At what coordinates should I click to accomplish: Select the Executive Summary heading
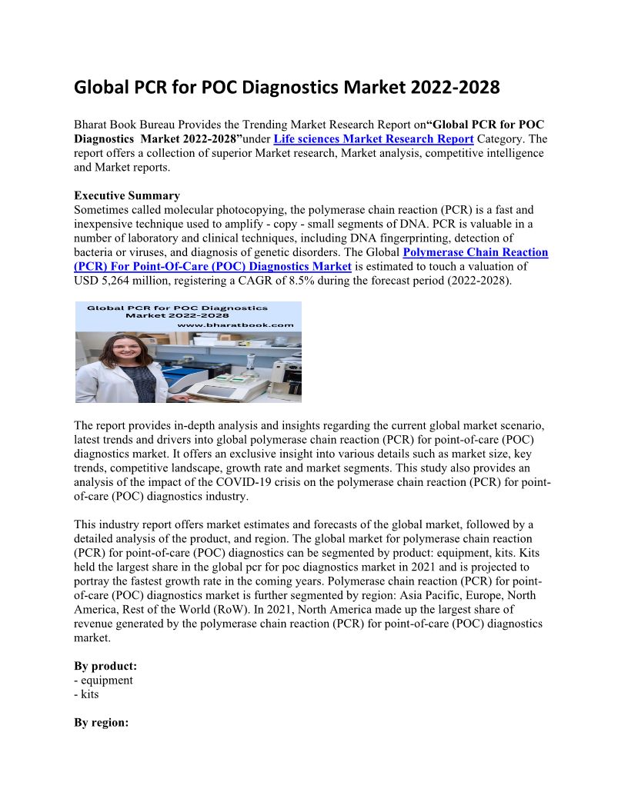point(127,195)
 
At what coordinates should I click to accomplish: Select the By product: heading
point(105,666)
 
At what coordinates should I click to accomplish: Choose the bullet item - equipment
point(103,680)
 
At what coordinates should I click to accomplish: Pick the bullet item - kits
point(86,694)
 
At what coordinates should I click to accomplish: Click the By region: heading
point(101,723)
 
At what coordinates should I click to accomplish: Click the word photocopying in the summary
point(234,209)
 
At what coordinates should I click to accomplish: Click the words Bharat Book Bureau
point(121,125)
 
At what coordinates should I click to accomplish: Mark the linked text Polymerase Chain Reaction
point(476,252)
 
